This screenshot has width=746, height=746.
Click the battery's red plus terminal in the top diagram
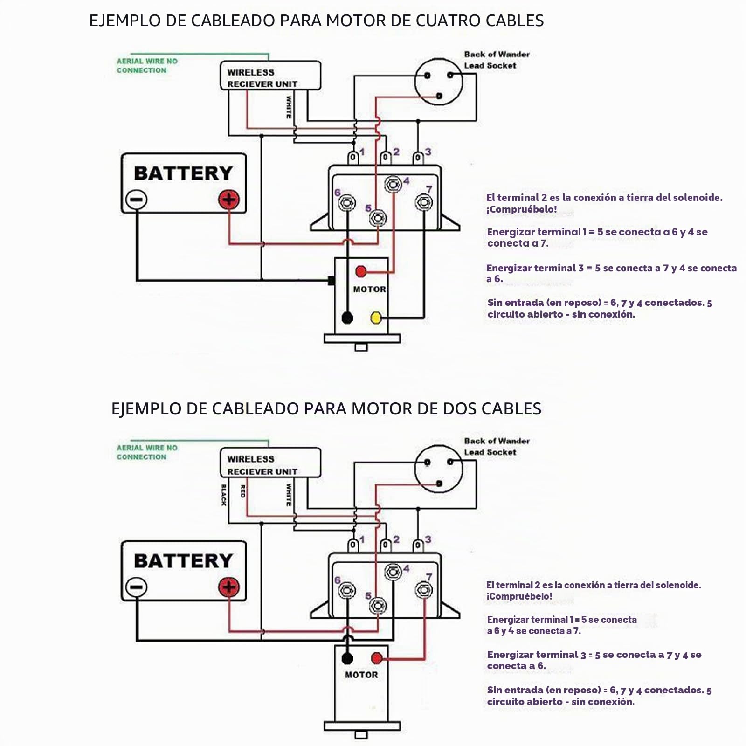point(229,200)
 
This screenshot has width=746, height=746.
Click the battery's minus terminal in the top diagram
point(136,200)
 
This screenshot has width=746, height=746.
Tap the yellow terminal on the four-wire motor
point(376,318)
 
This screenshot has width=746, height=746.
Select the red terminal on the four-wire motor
point(361,271)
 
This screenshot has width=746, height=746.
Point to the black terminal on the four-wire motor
point(347,318)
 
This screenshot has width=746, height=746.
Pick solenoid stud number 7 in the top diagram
point(423,202)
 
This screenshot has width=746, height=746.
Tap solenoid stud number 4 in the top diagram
point(393,185)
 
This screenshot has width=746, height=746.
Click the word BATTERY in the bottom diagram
point(183,561)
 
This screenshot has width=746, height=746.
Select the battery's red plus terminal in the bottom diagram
point(229,587)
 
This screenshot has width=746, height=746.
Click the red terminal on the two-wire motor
point(376,658)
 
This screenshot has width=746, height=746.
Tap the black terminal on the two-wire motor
point(347,658)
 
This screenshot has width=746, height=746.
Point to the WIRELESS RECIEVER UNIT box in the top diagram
point(270,76)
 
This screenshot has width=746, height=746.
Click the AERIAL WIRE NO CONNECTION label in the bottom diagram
point(147,452)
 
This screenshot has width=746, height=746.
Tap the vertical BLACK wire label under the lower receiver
point(224,495)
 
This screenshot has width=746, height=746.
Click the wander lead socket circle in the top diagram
point(439,82)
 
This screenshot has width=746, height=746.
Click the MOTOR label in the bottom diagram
point(361,675)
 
